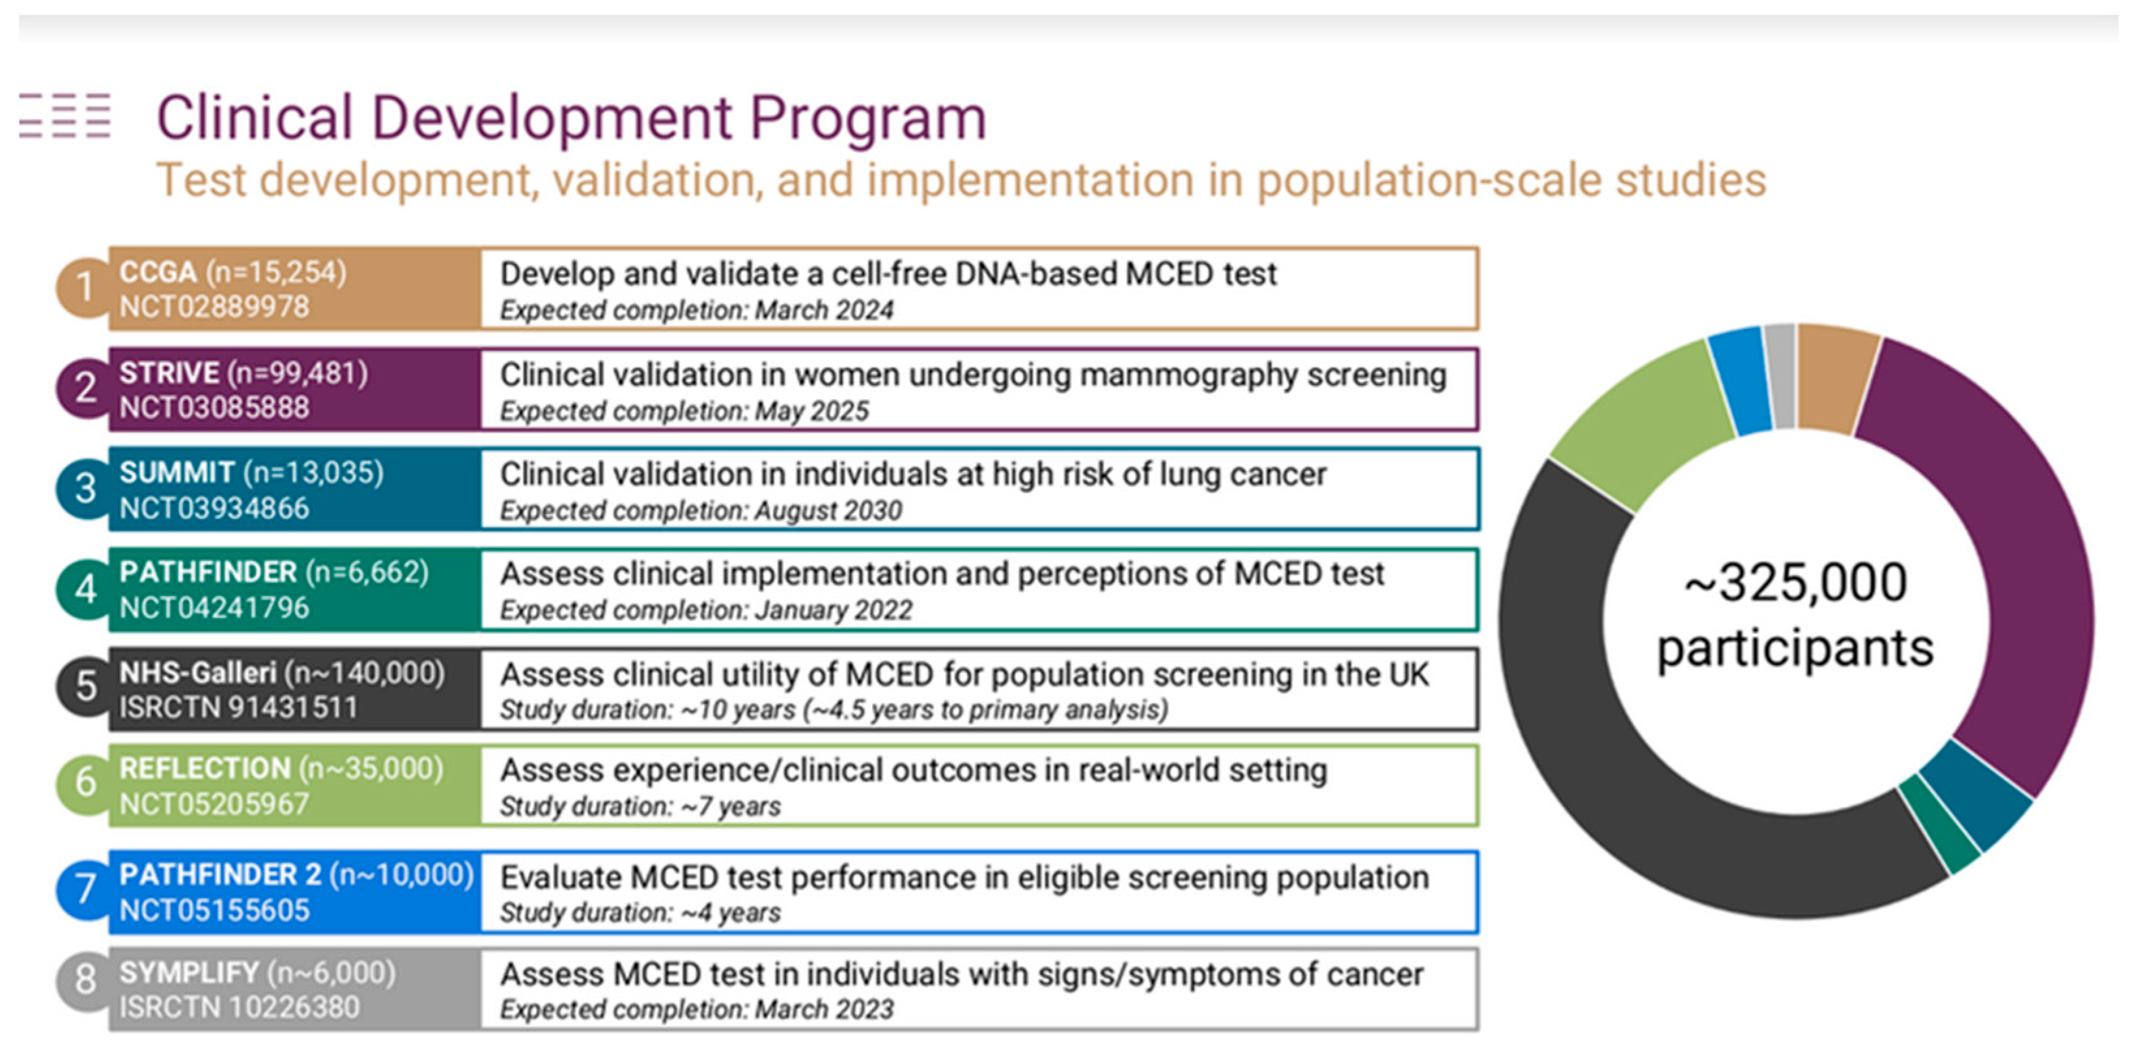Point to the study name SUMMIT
click(x=177, y=472)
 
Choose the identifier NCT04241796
click(x=214, y=608)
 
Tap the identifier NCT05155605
click(x=214, y=911)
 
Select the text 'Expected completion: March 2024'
click(x=697, y=311)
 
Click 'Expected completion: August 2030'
click(x=701, y=511)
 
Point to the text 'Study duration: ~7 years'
click(x=640, y=807)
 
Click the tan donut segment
click(x=1836, y=377)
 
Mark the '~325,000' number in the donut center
click(x=1796, y=582)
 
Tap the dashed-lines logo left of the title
click(x=65, y=115)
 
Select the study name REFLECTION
click(x=204, y=769)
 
